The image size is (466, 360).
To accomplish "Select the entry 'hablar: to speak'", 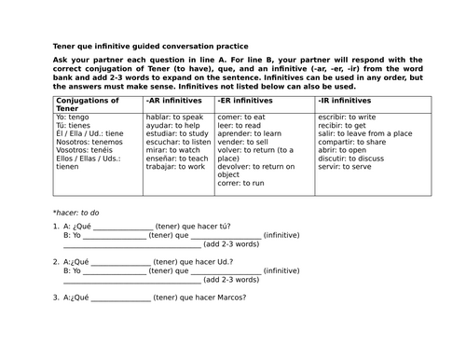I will pyautogui.click(x=172, y=118).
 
